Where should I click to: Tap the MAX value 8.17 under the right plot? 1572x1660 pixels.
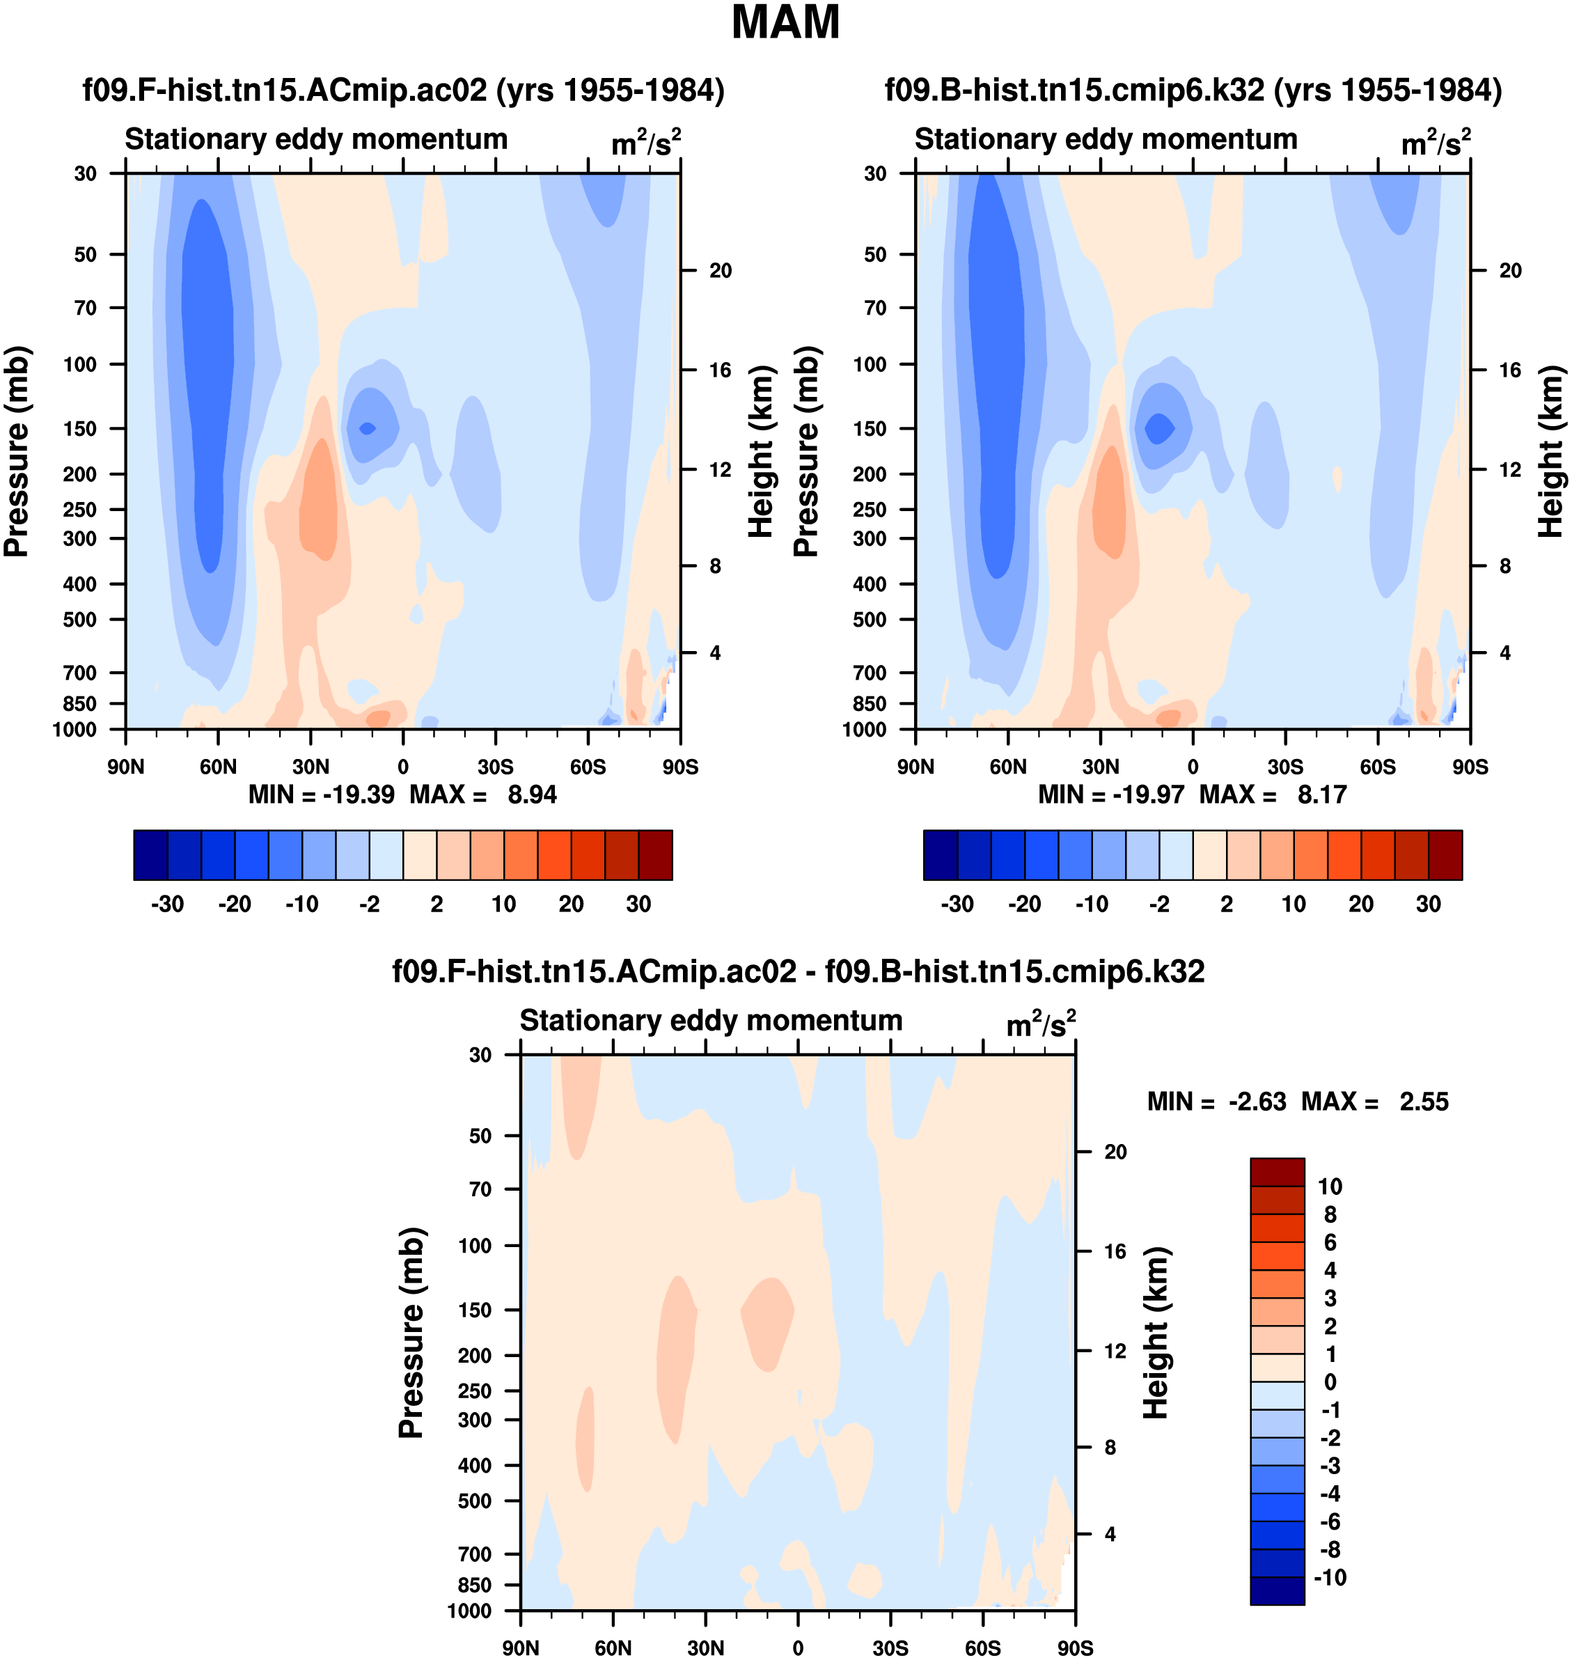[1321, 794]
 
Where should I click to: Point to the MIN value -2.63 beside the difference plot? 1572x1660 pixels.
[1257, 1101]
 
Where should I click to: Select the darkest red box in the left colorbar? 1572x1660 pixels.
[655, 855]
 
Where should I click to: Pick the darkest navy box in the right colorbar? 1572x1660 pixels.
[940, 855]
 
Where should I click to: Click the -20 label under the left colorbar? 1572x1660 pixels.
[235, 905]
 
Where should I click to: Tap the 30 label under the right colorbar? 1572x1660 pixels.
[1428, 905]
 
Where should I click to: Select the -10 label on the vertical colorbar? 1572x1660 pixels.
[1330, 1578]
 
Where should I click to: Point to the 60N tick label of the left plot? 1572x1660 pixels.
[218, 767]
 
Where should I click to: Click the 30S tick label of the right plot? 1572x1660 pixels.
[1285, 767]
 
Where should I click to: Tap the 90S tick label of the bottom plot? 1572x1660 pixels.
[1074, 1648]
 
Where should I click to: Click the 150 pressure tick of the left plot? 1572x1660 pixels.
[81, 428]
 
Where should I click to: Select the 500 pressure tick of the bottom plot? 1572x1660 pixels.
[474, 1501]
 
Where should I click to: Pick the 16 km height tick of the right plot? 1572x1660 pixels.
[1510, 370]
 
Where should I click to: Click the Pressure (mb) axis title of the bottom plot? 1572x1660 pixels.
[411, 1332]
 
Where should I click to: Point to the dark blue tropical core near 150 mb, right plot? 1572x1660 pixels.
[1160, 428]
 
